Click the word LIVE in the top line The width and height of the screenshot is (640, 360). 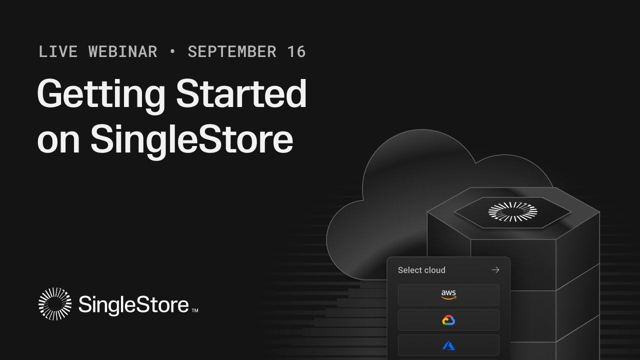pyautogui.click(x=57, y=51)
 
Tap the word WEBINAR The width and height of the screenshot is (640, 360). pyautogui.click(x=123, y=51)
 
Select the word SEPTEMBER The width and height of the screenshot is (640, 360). pyautogui.click(x=232, y=51)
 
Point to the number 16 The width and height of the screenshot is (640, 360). pyautogui.click(x=296, y=51)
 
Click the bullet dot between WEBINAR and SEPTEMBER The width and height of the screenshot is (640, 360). pyautogui.click(x=172, y=51)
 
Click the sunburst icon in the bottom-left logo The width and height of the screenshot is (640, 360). pyautogui.click(x=55, y=303)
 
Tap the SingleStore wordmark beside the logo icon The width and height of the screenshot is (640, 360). pyautogui.click(x=133, y=304)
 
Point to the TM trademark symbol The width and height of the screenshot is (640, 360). pyautogui.click(x=195, y=310)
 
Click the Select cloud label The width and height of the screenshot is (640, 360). pyautogui.click(x=421, y=270)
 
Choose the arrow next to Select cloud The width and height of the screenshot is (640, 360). pyautogui.click(x=495, y=270)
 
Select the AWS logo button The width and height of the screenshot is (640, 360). pyautogui.click(x=448, y=295)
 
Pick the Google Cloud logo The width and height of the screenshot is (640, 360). pyautogui.click(x=448, y=320)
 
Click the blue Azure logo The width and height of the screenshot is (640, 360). pyautogui.click(x=448, y=345)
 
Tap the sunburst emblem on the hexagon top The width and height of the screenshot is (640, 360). pyautogui.click(x=512, y=212)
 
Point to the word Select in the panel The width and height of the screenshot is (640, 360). pyautogui.click(x=409, y=270)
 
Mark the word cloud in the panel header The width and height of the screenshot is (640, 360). pyautogui.click(x=434, y=270)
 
